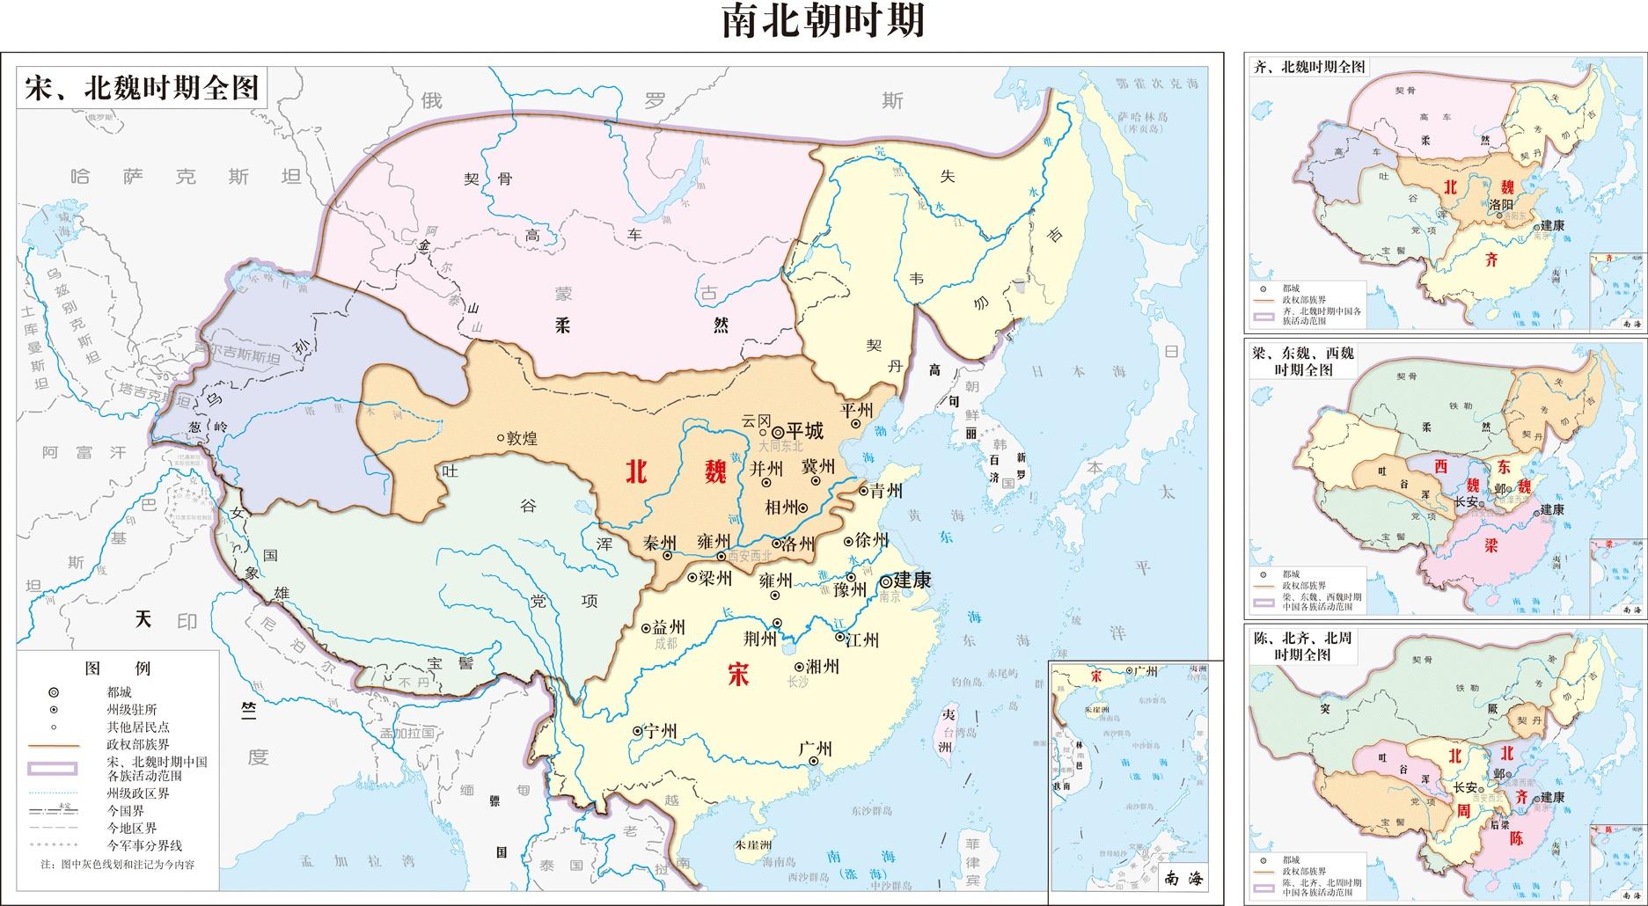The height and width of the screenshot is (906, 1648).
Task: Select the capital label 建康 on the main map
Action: [912, 581]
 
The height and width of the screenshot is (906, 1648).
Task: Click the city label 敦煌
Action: [521, 438]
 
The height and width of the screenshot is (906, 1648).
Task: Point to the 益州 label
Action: [668, 627]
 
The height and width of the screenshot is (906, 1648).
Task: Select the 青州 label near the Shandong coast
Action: [886, 491]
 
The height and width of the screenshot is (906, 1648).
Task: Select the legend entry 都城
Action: [119, 692]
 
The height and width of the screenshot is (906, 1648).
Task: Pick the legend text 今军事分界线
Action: [144, 845]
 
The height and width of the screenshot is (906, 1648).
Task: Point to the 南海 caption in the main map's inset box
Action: [1181, 876]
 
